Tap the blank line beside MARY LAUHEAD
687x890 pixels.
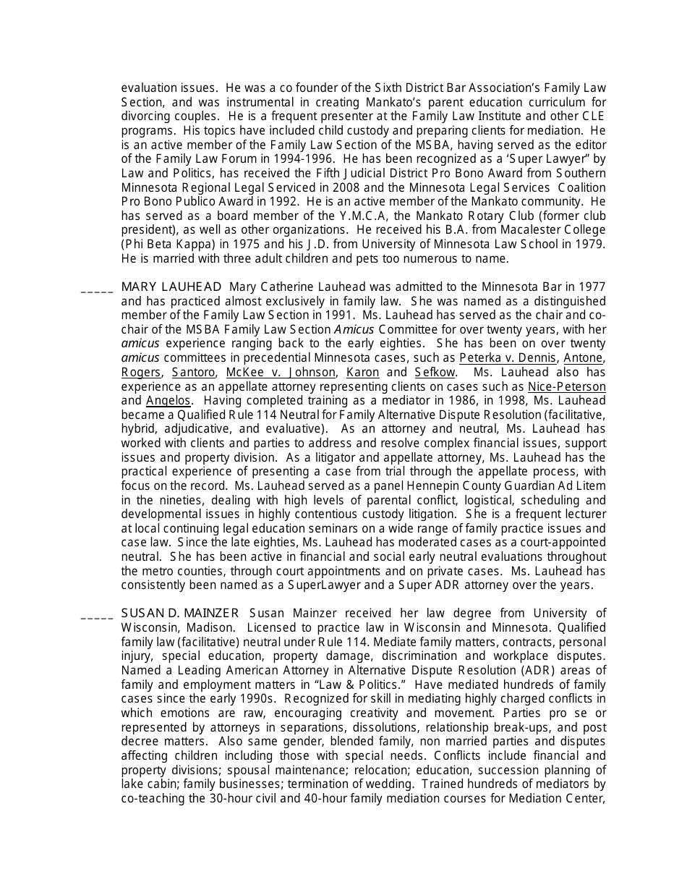(x=97, y=291)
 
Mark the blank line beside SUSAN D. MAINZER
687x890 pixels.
(x=97, y=618)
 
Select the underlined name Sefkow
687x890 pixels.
(x=435, y=373)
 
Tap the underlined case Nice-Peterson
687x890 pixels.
(x=567, y=386)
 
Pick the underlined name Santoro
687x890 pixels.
(x=194, y=373)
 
